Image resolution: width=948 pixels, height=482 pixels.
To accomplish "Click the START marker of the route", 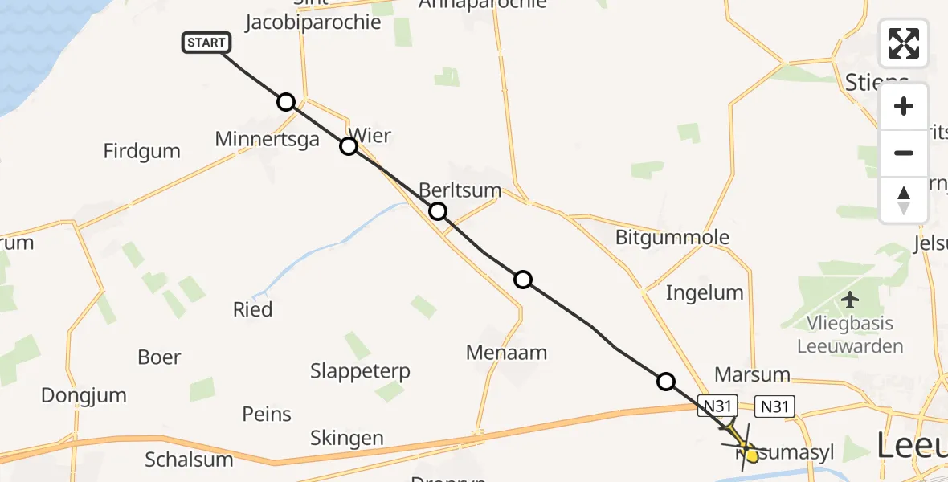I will click(206, 43).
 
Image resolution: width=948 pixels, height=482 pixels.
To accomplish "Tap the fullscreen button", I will click(904, 43).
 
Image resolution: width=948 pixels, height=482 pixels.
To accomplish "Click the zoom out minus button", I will click(904, 153).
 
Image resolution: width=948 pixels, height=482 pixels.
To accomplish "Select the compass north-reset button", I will click(904, 200).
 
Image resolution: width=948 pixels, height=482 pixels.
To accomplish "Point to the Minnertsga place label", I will click(267, 139).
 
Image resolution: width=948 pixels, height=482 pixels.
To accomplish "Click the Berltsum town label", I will click(460, 190).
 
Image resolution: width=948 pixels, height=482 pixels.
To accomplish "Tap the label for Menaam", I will click(506, 352).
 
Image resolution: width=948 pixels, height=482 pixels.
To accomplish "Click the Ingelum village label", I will click(705, 292).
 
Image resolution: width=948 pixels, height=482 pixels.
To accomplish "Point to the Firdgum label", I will click(142, 151).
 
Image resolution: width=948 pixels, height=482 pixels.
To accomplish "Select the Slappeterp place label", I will click(360, 371).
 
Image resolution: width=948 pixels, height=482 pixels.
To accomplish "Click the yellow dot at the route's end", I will click(752, 456).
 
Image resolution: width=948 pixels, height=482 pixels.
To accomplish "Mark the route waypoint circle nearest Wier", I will click(348, 146).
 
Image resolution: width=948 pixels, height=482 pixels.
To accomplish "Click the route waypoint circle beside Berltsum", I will click(437, 211).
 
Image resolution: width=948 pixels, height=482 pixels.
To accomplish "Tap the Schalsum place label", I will click(189, 460).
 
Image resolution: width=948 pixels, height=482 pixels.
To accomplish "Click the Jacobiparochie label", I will click(313, 22).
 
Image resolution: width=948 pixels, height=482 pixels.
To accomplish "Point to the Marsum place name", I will click(751, 375).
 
